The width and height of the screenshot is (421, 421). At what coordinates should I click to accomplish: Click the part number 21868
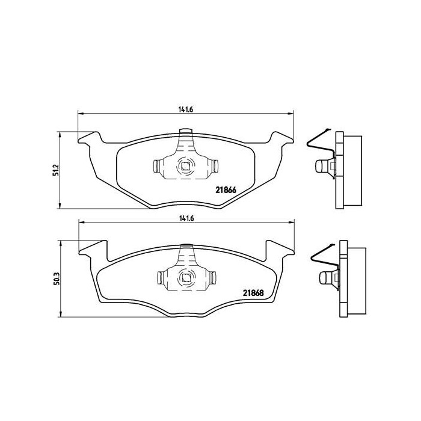pyautogui.click(x=254, y=293)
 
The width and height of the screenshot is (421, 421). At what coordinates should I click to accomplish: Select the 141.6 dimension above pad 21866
pyautogui.click(x=185, y=109)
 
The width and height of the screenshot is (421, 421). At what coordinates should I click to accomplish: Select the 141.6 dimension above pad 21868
pyautogui.click(x=185, y=219)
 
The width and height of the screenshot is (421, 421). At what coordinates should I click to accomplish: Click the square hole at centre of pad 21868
pyautogui.click(x=185, y=277)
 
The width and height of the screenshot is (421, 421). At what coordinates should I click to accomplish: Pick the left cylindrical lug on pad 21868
pyautogui.click(x=161, y=277)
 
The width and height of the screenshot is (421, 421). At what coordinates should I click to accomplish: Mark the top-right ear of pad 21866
pyautogui.click(x=282, y=138)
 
